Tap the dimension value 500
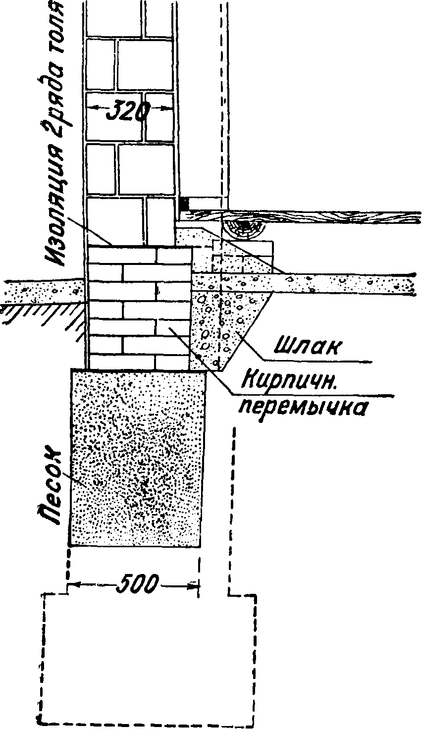138,584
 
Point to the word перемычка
304,407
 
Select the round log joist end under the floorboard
245,227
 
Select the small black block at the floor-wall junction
183,203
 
